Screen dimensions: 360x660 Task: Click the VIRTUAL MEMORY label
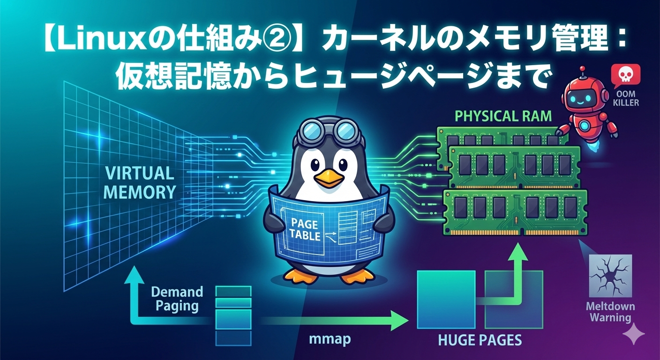click(x=139, y=182)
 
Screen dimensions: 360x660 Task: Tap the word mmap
click(x=330, y=339)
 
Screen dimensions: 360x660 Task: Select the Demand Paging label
click(x=177, y=299)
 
